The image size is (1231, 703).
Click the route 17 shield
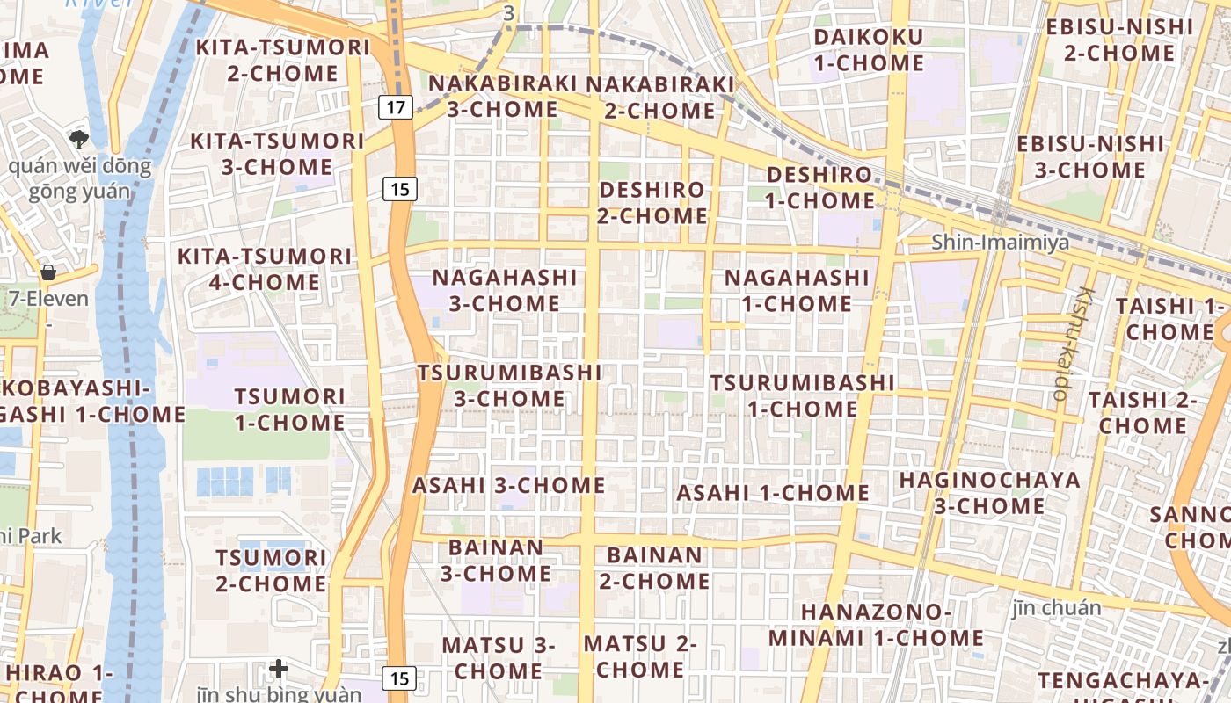(x=397, y=108)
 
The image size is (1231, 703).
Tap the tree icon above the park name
(x=79, y=139)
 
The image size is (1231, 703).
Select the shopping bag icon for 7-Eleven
(x=48, y=272)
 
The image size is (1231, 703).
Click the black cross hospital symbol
(x=279, y=669)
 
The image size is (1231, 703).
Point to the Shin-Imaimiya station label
(x=1001, y=242)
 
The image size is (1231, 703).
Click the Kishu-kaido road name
(x=1072, y=343)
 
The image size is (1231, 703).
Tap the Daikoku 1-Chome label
(x=869, y=50)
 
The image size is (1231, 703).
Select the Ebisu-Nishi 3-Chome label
(x=1090, y=156)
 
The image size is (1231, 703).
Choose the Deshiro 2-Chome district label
(x=652, y=202)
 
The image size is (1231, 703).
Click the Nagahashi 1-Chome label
(x=797, y=291)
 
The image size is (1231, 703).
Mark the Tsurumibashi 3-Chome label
(x=510, y=385)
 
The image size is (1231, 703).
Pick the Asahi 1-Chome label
(x=773, y=493)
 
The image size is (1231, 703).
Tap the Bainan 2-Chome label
(x=655, y=568)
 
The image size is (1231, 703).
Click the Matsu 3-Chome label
(x=499, y=657)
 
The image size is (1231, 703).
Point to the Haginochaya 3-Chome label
(x=989, y=492)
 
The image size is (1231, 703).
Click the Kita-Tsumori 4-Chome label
(x=265, y=269)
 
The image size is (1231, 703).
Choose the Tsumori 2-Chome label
(x=271, y=570)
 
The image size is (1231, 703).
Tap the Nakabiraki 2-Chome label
(x=659, y=97)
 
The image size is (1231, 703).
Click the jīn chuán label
(x=1056, y=607)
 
